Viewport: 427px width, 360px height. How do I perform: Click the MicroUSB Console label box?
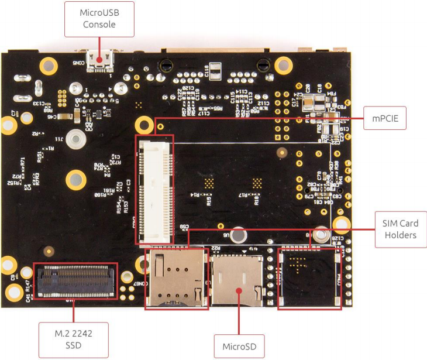pyautogui.click(x=99, y=19)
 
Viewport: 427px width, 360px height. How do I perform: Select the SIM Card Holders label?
pyautogui.click(x=400, y=229)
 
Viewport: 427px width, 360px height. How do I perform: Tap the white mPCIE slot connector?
pyautogui.click(x=156, y=188)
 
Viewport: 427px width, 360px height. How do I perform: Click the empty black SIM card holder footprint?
pyautogui.click(x=309, y=278)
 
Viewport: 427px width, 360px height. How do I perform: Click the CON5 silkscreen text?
pyautogui.click(x=77, y=61)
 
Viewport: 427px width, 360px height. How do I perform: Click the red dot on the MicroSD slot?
pyautogui.click(x=239, y=290)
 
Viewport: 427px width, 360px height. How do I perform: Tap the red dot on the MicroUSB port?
pyautogui.click(x=99, y=59)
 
